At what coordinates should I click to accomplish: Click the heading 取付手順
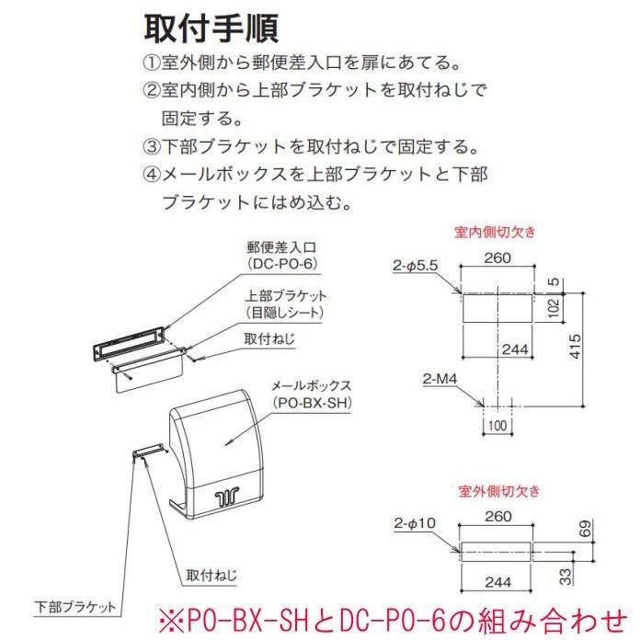[212, 29]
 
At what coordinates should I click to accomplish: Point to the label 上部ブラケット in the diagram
[286, 296]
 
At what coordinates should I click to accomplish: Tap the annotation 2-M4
[443, 379]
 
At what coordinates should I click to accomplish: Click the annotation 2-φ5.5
[416, 266]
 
